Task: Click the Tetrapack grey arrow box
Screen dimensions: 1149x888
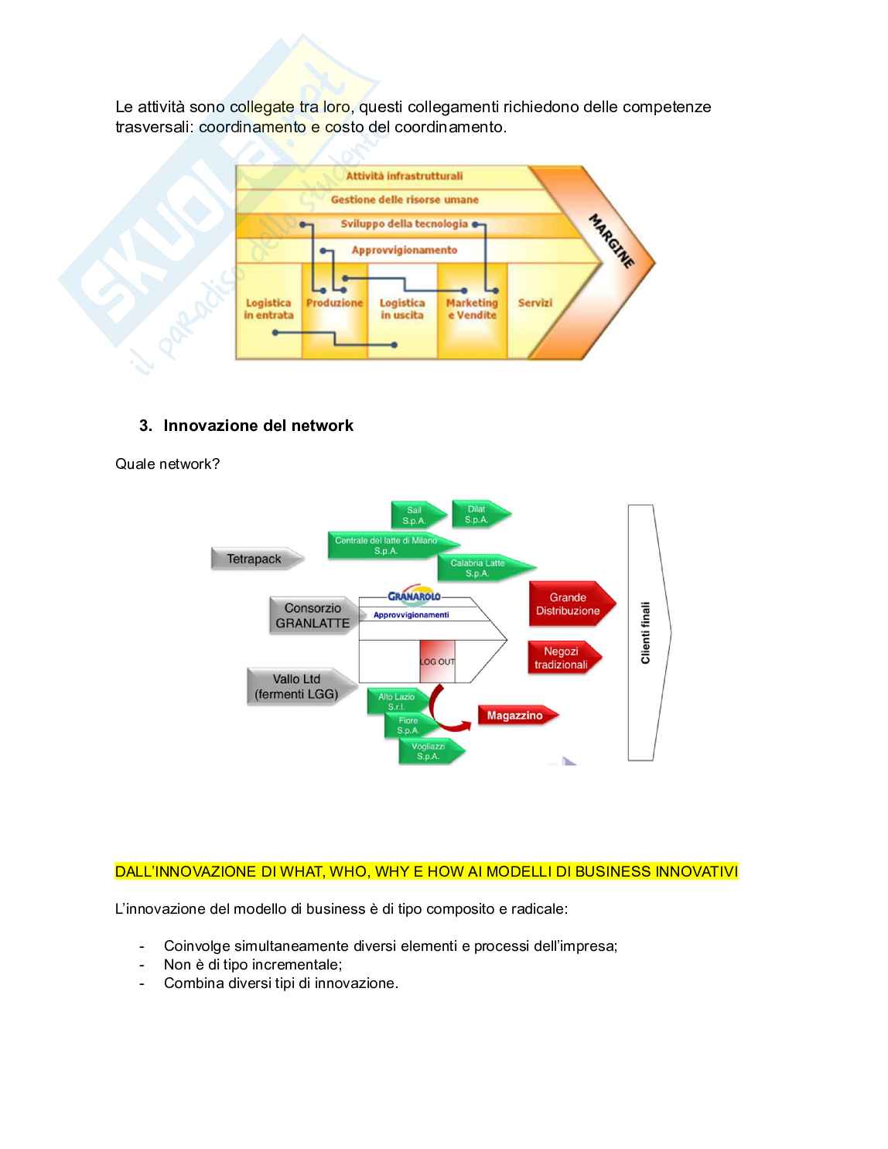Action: (x=255, y=559)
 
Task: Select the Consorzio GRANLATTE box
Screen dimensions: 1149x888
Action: (x=313, y=616)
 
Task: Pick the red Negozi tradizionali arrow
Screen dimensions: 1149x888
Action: (x=562, y=658)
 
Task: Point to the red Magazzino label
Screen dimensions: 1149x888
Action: (x=515, y=716)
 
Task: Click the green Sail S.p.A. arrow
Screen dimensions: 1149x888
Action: (x=416, y=515)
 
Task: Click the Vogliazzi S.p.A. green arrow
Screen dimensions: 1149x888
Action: (x=429, y=751)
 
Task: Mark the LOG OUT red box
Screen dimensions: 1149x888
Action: (x=437, y=662)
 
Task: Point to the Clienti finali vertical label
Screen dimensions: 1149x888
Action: (x=646, y=633)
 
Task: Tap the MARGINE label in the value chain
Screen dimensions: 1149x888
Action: (x=612, y=241)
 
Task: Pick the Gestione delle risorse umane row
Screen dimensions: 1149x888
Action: (x=405, y=200)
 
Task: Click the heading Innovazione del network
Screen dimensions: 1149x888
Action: (x=258, y=426)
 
